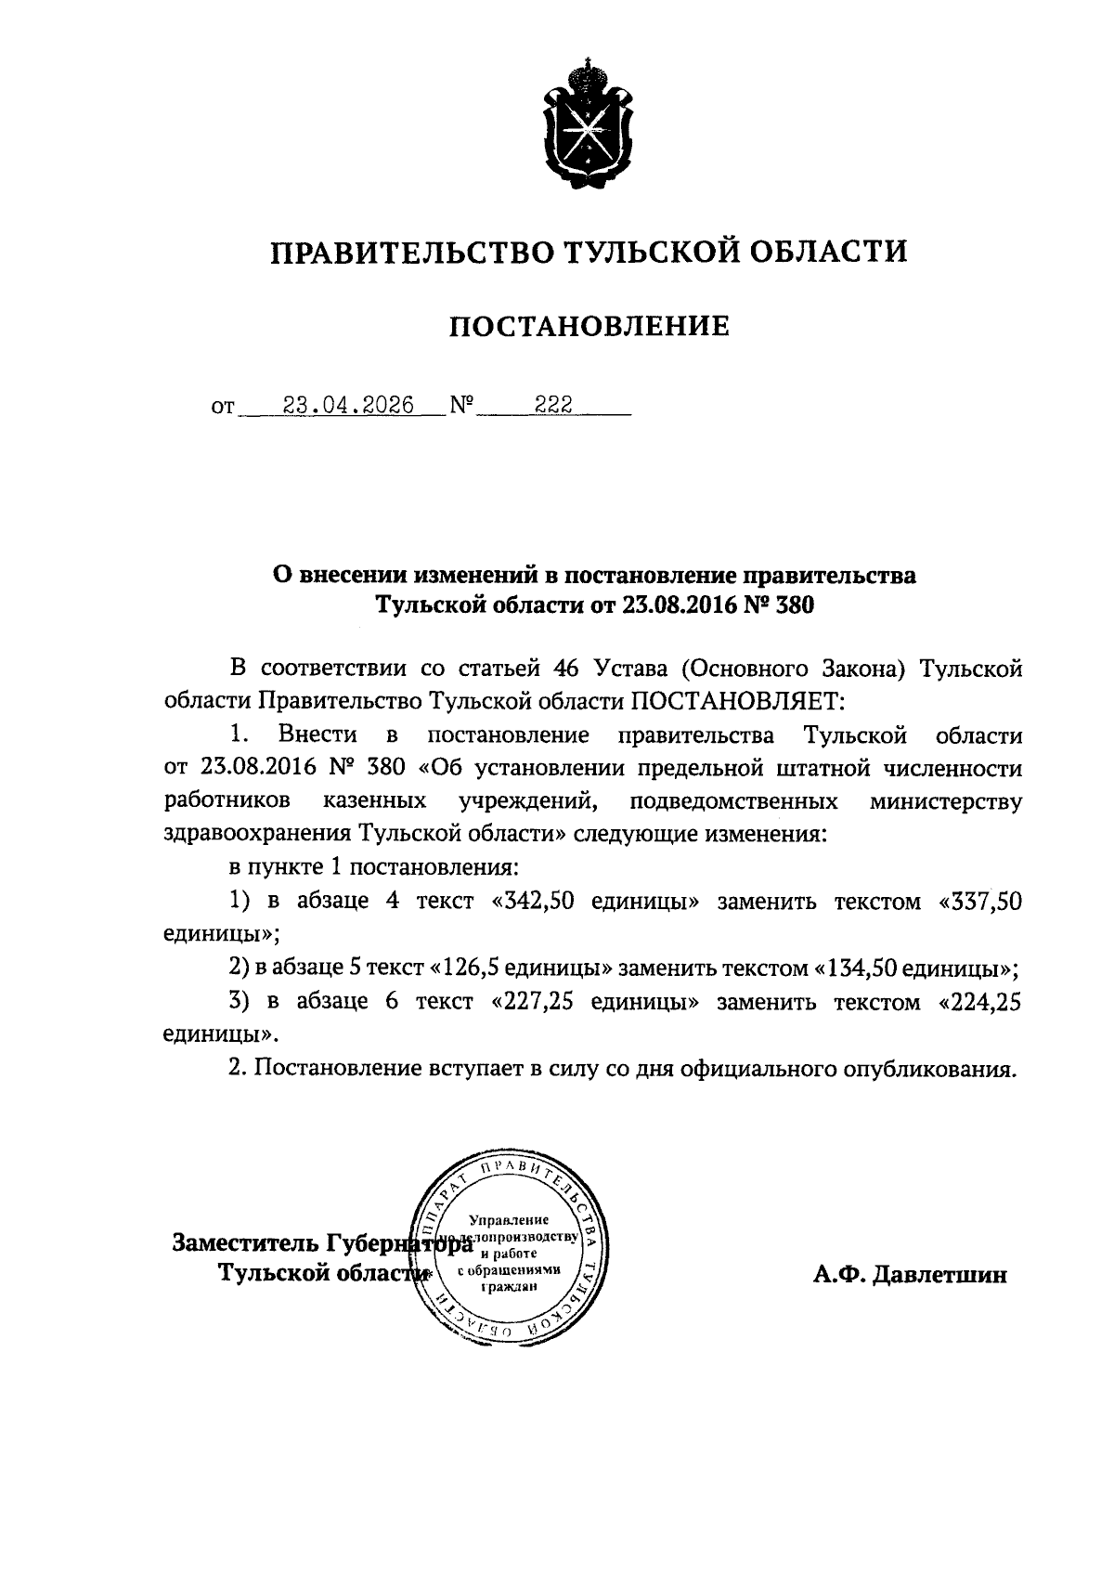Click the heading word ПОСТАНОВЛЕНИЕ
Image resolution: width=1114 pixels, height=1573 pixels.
click(589, 327)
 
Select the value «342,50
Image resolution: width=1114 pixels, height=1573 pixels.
click(533, 902)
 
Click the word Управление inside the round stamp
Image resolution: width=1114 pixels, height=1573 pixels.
click(508, 1219)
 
